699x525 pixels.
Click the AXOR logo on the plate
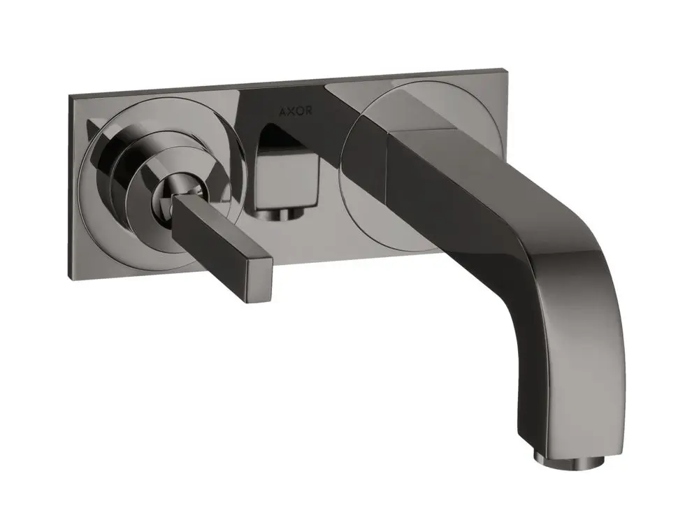click(x=296, y=111)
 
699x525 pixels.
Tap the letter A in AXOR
click(x=282, y=111)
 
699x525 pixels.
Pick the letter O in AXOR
click(x=300, y=111)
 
